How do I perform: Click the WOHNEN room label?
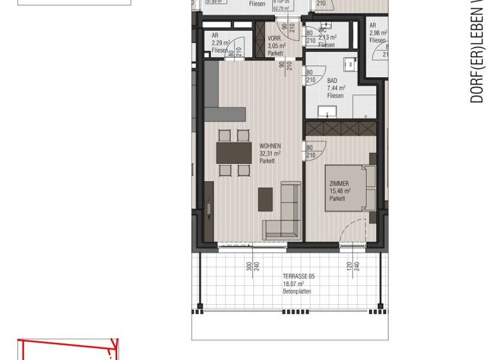pos(270,147)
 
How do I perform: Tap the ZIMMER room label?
pos(339,184)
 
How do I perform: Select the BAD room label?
pos(332,81)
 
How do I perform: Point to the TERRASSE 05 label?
pos(298,276)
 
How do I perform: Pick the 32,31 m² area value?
pos(270,154)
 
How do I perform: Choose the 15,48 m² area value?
pos(339,191)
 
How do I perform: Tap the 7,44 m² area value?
pos(336,89)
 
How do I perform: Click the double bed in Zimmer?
pos(351,188)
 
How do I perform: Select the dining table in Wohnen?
pos(233,153)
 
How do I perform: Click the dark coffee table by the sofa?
pos(265,199)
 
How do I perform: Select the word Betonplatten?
pos(297,291)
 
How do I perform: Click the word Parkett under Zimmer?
pos(337,199)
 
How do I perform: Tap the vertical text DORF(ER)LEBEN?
pos(477,51)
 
